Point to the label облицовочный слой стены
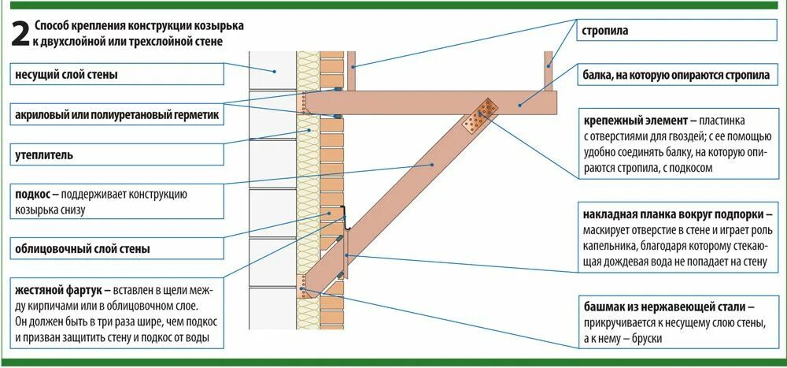click(x=82, y=250)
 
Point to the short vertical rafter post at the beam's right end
click(x=548, y=71)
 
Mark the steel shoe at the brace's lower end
click(x=303, y=286)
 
